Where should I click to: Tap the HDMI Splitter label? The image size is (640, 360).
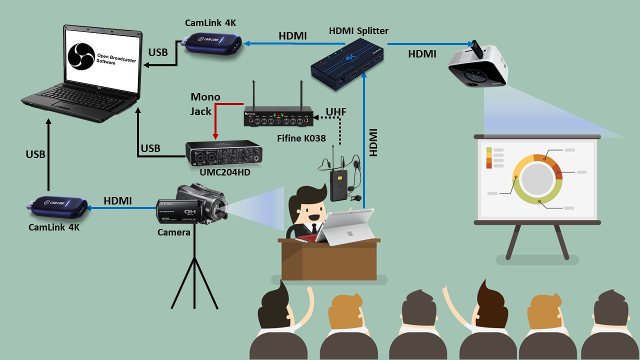358,31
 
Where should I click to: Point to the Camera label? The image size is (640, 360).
174,232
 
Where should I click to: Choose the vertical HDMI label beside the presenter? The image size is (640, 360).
373,142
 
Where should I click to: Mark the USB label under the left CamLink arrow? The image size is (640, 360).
35,154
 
